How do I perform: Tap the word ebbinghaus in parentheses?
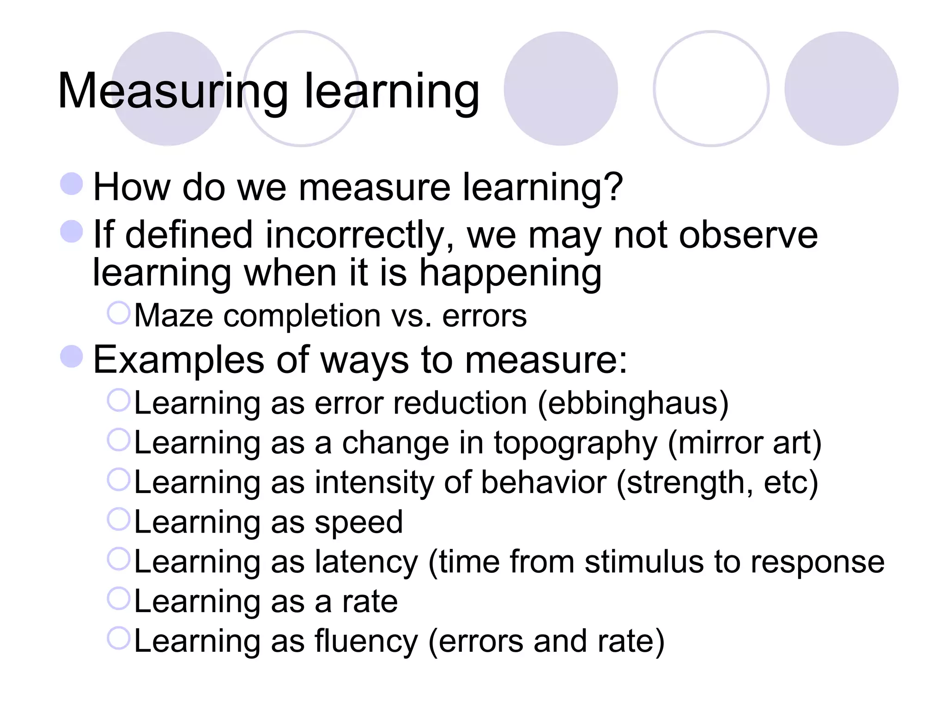pos(633,403)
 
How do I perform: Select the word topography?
pos(576,443)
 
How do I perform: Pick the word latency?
pos(366,562)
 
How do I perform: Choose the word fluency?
pos(366,642)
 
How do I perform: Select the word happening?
pos(510,273)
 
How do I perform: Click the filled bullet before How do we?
pos(72,184)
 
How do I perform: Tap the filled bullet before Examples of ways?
pos(72,356)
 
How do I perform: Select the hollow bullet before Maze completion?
pos(119,313)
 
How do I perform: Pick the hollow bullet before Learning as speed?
pos(119,519)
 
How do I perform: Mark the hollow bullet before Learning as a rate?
pos(119,599)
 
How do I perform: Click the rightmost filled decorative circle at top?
pos(841,89)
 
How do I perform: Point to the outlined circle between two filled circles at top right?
pos(711,89)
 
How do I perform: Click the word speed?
pos(358,523)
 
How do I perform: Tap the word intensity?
pos(374,483)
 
